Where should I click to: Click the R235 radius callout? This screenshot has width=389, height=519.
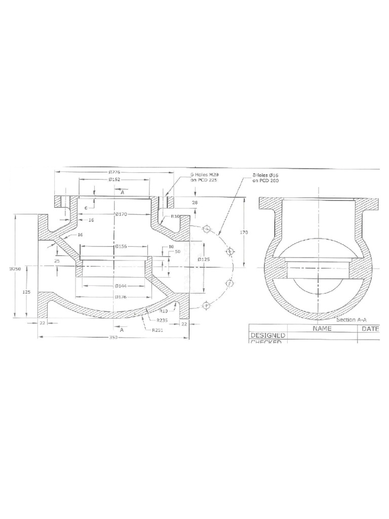coord(162,320)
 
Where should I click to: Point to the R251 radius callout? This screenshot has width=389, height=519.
coord(158,330)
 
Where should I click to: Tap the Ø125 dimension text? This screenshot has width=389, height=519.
coord(203,260)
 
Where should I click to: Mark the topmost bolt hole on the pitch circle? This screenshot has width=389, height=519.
coord(207,230)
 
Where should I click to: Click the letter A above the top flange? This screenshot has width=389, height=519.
coord(122,192)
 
